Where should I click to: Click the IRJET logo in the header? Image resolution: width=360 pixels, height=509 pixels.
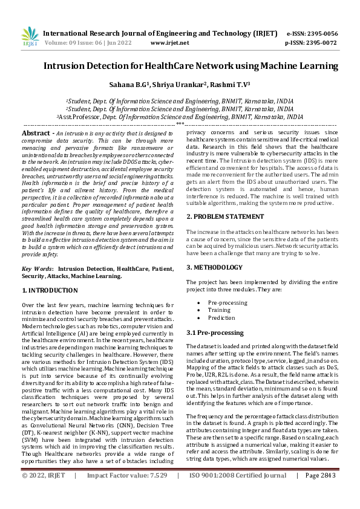pos(29,37)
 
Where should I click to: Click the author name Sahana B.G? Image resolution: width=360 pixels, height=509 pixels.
pos(143,85)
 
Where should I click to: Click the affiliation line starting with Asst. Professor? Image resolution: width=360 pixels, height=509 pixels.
pos(180,117)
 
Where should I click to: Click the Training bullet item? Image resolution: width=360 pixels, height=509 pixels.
pos(219,310)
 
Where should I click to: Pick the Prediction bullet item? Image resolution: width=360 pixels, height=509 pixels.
pos(221,318)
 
